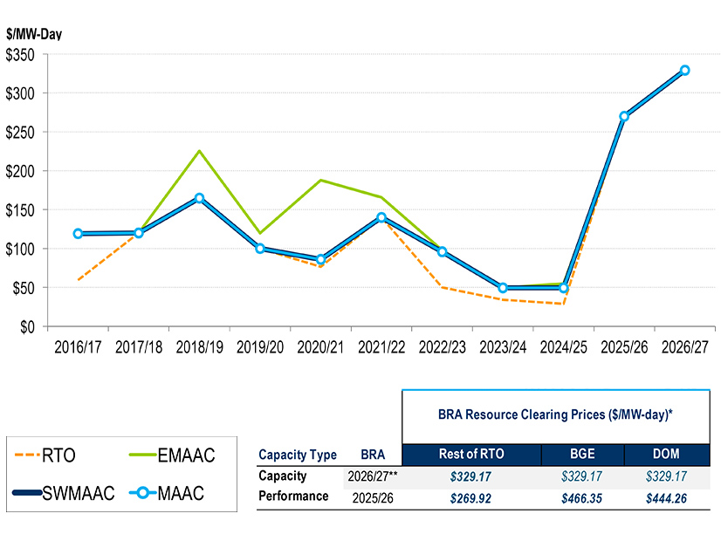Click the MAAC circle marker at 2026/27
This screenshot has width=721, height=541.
684,70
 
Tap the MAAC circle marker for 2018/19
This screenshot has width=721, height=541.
199,198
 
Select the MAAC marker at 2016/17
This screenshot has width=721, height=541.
78,233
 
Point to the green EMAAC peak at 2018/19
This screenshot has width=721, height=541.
199,151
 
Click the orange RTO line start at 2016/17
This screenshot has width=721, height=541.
78,279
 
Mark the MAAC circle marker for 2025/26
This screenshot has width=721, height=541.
624,116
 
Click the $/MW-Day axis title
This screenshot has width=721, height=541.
33,34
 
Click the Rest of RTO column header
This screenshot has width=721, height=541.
471,455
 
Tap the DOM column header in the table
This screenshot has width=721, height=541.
665,455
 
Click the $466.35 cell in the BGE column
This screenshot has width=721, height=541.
582,496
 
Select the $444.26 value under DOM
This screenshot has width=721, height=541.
665,496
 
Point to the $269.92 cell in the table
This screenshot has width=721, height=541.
471,496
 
